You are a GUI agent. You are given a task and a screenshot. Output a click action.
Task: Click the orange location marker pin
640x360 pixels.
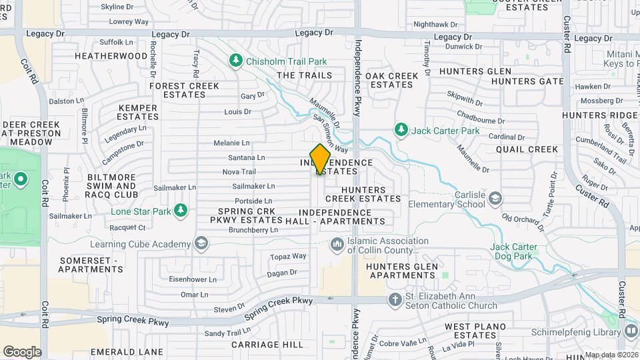coord(320,159)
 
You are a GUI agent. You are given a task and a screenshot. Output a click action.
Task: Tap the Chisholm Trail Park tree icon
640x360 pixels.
coord(235,61)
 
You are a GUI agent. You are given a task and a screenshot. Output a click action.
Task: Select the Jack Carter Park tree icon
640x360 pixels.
coord(401,129)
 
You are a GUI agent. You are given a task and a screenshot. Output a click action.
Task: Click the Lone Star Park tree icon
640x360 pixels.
coord(180,211)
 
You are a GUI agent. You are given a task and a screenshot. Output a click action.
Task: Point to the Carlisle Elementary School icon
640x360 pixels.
coord(495,198)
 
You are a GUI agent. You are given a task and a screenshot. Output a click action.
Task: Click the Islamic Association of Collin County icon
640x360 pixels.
coord(336,245)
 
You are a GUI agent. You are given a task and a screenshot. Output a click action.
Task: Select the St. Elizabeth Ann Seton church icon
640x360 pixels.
coord(395,300)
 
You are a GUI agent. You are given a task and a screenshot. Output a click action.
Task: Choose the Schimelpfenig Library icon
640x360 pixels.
coord(631,331)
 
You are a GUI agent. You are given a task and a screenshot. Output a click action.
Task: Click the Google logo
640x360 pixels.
coord(22,352)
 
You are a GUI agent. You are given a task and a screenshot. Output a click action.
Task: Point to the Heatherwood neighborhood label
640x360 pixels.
coord(111,56)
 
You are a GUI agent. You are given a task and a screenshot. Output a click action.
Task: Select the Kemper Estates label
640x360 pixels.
coord(137,112)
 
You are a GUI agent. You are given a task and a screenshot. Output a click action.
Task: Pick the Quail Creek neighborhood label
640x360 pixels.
coord(527,149)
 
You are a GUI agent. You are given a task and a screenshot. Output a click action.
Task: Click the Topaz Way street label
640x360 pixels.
coord(288,256)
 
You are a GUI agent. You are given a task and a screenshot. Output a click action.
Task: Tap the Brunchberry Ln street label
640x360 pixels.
coord(253,230)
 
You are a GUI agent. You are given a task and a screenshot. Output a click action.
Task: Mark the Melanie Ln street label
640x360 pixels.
coord(231,143)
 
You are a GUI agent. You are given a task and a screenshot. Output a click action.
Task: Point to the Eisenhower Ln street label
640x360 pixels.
coord(190,279)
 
